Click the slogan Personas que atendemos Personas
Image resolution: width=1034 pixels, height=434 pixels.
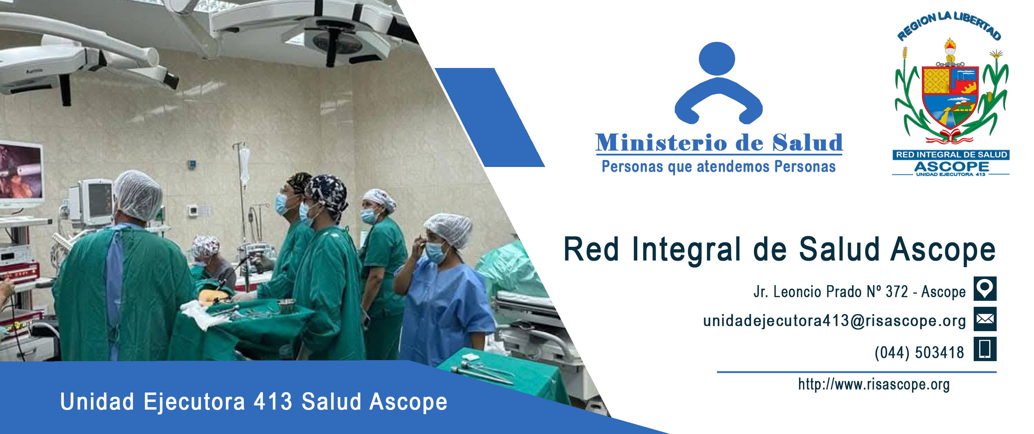pyautogui.click(x=718, y=167)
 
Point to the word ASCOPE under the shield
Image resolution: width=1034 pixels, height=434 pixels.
pyautogui.click(x=951, y=167)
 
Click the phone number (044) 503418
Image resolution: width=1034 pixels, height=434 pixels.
pyautogui.click(x=919, y=352)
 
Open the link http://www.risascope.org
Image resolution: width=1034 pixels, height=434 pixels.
pyautogui.click(x=874, y=384)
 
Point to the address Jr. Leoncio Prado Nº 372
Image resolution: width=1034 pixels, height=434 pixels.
pyautogui.click(x=830, y=292)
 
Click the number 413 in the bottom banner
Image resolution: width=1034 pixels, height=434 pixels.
pyautogui.click(x=273, y=402)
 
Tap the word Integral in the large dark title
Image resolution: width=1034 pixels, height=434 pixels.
pyautogui.click(x=686, y=250)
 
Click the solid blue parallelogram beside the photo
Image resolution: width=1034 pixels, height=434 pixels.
pyautogui.click(x=490, y=117)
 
